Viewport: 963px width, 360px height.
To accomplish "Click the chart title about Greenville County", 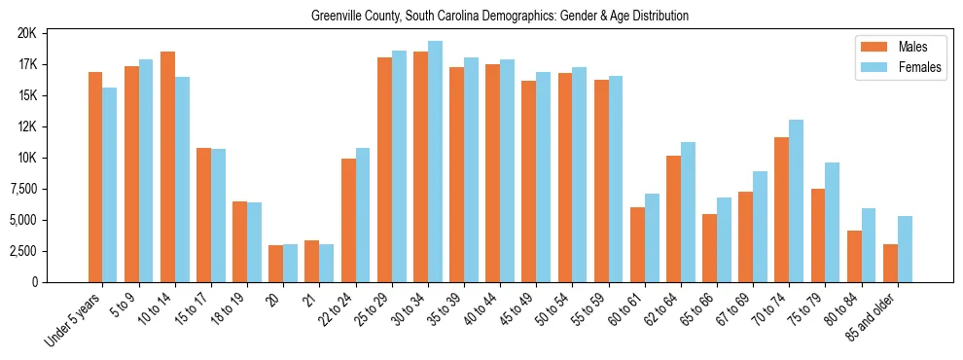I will point(499,17).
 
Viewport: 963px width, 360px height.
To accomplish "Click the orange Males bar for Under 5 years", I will point(95,177).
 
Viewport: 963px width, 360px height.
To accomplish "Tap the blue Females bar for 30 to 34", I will point(435,162).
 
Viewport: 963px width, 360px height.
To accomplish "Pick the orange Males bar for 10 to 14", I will point(167,166).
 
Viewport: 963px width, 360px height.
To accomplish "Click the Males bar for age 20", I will point(276,264).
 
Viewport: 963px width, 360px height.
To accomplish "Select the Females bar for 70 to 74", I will point(797,200).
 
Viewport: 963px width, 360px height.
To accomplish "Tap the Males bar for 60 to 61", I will point(637,244).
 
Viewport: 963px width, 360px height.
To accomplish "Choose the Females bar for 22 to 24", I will point(363,215).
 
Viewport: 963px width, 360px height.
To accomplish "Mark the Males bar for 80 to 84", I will point(854,256).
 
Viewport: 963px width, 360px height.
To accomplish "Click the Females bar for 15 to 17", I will point(218,215).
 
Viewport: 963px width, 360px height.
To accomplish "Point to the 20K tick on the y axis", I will point(26,33).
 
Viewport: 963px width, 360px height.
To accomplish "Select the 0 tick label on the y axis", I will point(33,282).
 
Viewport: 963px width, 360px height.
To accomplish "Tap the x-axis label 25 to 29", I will point(374,308).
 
